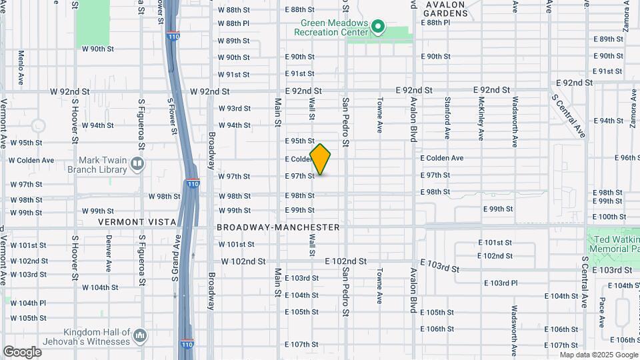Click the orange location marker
point(321,159)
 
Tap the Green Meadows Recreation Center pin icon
point(379,27)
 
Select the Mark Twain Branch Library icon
point(137,163)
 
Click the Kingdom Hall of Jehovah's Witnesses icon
point(140,335)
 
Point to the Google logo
point(22,351)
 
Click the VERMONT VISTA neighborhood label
point(137,221)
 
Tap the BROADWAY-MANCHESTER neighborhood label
point(278,227)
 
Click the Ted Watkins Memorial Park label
point(614,244)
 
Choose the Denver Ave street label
point(108,254)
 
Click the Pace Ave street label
point(602,312)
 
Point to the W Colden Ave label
point(31,160)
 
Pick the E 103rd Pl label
point(500,283)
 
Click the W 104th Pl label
point(27,303)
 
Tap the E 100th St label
point(608,217)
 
